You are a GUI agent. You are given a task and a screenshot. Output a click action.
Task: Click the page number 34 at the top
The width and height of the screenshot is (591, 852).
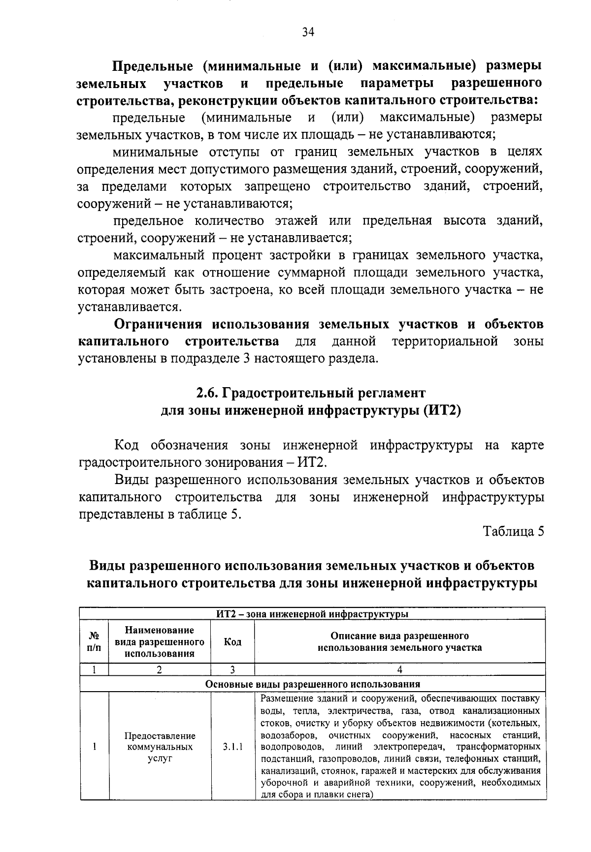pyautogui.click(x=308, y=32)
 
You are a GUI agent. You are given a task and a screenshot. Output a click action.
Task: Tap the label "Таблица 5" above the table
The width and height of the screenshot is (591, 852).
pyautogui.click(x=514, y=532)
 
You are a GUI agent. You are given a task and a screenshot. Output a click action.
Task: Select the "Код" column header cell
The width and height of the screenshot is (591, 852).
pyautogui.click(x=232, y=641)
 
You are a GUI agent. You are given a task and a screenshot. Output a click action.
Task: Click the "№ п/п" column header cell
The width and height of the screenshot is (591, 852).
pyautogui.click(x=94, y=641)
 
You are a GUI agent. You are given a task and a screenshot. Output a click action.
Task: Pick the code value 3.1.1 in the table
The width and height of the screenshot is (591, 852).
pyautogui.click(x=232, y=747)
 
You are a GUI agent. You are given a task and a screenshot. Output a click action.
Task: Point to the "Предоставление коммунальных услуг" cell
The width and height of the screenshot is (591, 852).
pyautogui.click(x=160, y=747)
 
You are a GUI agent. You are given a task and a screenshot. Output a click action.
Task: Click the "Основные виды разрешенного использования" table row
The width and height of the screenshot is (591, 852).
pyautogui.click(x=312, y=684)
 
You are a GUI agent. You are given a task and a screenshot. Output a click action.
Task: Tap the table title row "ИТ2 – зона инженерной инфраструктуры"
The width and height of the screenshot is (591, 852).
pyautogui.click(x=312, y=613)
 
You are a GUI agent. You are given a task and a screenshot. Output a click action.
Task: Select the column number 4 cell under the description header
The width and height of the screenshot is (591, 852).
pyautogui.click(x=399, y=669)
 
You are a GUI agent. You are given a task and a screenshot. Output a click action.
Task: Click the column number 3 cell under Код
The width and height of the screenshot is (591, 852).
pyautogui.click(x=232, y=669)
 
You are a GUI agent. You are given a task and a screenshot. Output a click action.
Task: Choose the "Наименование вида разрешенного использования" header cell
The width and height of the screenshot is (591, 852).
pyautogui.click(x=160, y=641)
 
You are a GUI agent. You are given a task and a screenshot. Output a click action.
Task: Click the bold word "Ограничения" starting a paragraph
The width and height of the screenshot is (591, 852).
pyautogui.click(x=158, y=324)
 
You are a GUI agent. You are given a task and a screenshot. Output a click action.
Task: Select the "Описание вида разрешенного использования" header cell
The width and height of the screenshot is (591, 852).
pyautogui.click(x=399, y=641)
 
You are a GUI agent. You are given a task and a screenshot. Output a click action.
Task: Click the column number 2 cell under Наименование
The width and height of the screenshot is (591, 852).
pyautogui.click(x=160, y=669)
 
